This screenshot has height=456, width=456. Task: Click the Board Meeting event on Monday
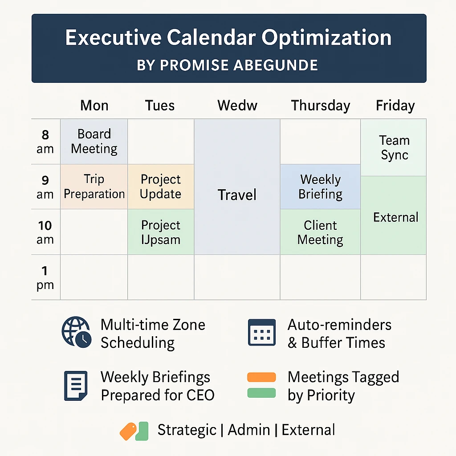coord(94,141)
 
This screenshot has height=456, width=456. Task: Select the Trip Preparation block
coord(94,187)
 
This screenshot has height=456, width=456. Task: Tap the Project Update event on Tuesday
coord(161,187)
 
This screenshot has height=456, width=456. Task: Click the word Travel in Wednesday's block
coord(237,195)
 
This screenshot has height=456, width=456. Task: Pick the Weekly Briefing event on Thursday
coord(320,187)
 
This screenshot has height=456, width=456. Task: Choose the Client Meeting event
coord(320,232)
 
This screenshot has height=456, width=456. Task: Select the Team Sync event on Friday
coord(394,147)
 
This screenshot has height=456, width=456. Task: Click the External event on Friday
coord(394,215)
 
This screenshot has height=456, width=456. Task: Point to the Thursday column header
coord(321,105)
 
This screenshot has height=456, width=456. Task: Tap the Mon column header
coord(94,105)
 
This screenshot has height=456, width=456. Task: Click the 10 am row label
coord(45,232)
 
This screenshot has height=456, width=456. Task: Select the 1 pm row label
coord(45,277)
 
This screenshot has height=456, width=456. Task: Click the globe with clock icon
coord(77,332)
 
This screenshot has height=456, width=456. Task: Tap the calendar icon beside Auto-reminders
coord(262,332)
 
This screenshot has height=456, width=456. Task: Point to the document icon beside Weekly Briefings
coord(76,386)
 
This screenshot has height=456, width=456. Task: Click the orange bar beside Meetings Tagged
coord(261,377)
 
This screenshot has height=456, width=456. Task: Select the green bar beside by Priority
coord(261,393)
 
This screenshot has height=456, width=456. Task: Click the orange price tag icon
coord(128,431)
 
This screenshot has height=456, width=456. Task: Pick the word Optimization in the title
coord(326,38)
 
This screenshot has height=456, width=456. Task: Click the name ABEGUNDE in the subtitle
coord(275,65)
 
